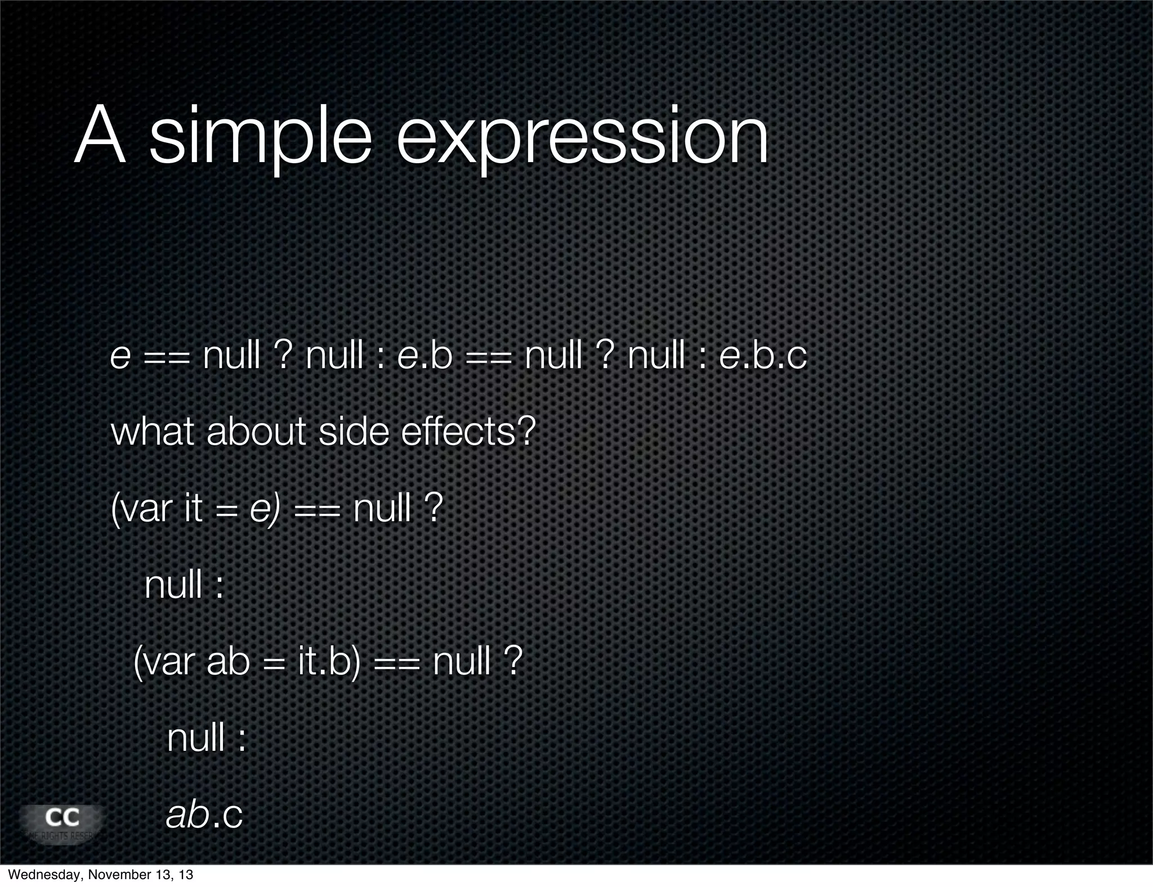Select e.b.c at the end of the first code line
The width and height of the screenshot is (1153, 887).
(x=763, y=356)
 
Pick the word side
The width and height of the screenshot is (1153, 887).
(x=354, y=432)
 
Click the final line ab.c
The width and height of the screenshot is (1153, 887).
(x=204, y=814)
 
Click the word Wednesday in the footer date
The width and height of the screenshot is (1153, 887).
(x=41, y=875)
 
